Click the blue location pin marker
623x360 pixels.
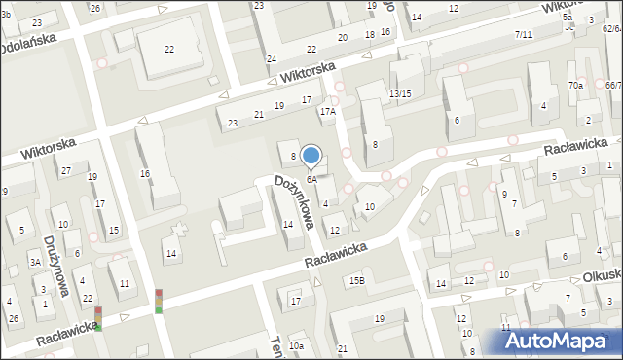[x=311, y=156]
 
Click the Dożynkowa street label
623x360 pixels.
[x=294, y=200]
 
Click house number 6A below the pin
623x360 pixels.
[x=311, y=179]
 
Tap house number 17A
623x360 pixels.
[x=328, y=112]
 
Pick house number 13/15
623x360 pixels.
[x=400, y=93]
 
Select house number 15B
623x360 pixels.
[x=357, y=281]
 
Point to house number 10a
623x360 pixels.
[x=296, y=345]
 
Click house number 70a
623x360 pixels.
[x=575, y=86]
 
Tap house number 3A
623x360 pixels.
[x=35, y=262]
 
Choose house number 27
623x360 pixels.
[x=66, y=171]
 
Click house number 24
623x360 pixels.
[x=272, y=58]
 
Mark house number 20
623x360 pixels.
[x=342, y=37]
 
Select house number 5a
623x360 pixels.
[x=567, y=18]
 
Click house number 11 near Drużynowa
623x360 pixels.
[x=125, y=283]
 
